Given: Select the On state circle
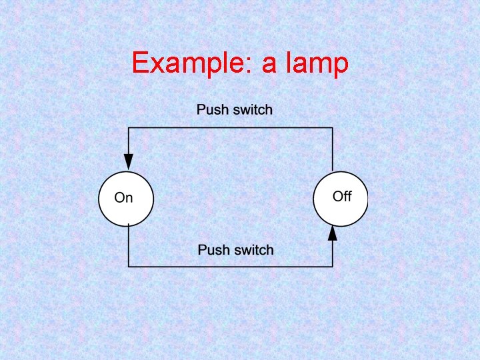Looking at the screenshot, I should pyautogui.click(x=125, y=198).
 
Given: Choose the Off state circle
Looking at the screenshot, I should pyautogui.click(x=340, y=198).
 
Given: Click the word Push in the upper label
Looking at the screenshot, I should pyautogui.click(x=213, y=109).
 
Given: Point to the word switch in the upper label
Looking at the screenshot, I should pyautogui.click(x=252, y=109).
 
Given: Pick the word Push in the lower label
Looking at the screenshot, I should pyautogui.click(x=214, y=250).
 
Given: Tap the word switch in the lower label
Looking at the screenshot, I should pyautogui.click(x=253, y=250).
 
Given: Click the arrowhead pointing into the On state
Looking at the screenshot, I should pyautogui.click(x=129, y=162).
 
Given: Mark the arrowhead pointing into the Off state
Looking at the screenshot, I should pyautogui.click(x=333, y=233).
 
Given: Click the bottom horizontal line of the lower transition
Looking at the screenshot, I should pyautogui.click(x=230, y=267).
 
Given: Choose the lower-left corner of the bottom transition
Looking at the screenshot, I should pyautogui.click(x=129, y=267).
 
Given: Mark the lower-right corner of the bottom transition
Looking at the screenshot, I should pyautogui.click(x=333, y=267).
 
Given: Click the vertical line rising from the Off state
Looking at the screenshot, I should pyautogui.click(x=333, y=150).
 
